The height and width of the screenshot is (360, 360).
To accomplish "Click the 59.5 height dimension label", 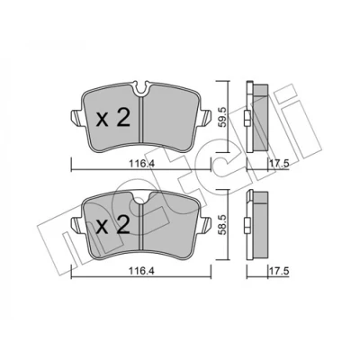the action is [221, 116].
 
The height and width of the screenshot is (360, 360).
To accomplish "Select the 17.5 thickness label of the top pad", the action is [279, 164].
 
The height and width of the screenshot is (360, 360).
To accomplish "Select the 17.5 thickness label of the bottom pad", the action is [279, 271].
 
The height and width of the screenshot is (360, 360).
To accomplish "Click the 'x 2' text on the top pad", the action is [113, 118].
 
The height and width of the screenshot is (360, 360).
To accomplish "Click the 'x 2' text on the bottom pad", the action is [113, 226].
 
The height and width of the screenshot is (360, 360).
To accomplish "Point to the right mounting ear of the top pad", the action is [205, 117].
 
